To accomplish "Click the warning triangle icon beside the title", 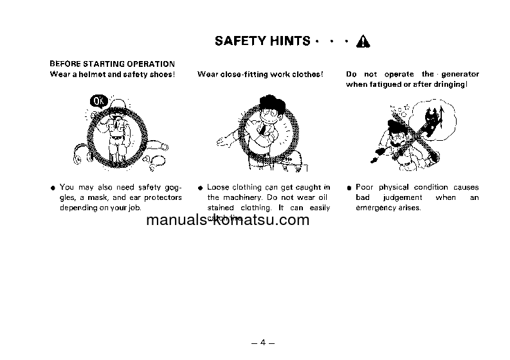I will (x=363, y=42).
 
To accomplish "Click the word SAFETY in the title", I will (x=239, y=41).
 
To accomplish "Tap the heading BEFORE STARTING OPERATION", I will (x=113, y=64).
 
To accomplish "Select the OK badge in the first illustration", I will (x=99, y=101).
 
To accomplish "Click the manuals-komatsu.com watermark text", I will (x=228, y=221).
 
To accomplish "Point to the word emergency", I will (x=377, y=208).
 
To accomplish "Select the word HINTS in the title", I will (x=288, y=41).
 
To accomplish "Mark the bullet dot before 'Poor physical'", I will (x=348, y=188).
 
